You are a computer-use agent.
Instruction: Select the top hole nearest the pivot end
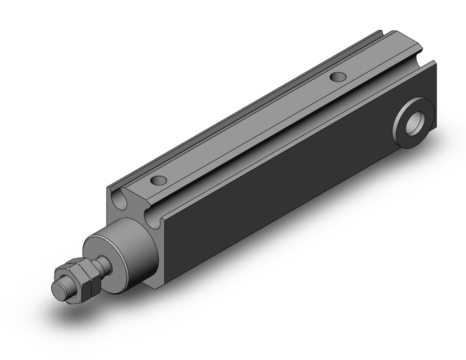click(x=336, y=76)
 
